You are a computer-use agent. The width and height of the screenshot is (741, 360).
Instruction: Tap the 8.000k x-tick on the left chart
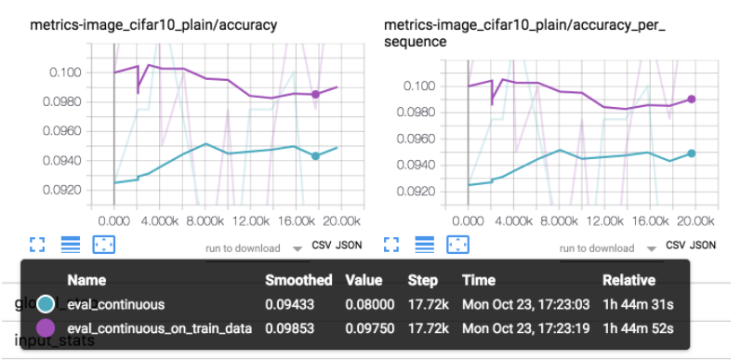pos(205,221)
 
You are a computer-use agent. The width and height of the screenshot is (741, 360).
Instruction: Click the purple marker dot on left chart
pos(315,94)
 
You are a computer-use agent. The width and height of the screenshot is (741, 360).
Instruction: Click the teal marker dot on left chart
pos(315,156)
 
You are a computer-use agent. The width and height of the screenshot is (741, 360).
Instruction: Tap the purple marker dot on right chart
pos(692,99)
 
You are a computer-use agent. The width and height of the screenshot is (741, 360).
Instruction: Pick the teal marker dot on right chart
pos(692,153)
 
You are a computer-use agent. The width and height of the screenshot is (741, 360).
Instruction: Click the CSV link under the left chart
pos(322,247)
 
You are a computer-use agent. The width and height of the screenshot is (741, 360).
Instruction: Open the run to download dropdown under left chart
pos(252,248)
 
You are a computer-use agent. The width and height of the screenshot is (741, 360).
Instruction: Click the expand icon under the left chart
pos(37,245)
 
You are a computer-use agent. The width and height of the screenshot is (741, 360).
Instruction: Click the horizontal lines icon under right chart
pos(425,245)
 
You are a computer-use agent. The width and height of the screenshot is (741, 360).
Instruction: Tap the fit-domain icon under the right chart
pos(457,245)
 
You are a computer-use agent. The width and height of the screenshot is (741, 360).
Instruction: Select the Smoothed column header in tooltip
pos(298,280)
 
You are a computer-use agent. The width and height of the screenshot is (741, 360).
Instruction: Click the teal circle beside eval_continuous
pos(46,304)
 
